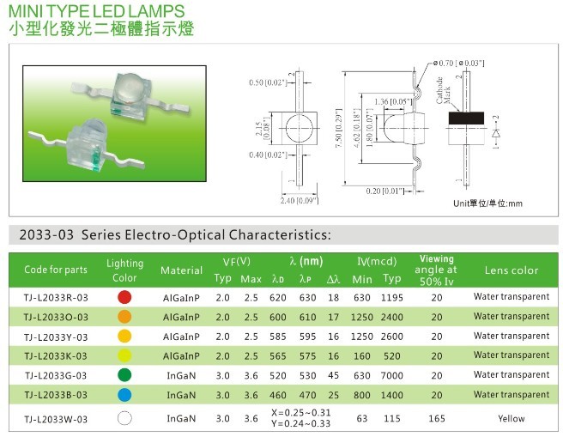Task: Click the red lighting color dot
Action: tap(124, 297)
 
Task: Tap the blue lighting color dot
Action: tap(124, 395)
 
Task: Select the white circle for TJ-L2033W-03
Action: tap(124, 418)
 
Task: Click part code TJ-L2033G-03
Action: tap(56, 375)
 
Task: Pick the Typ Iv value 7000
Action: tap(391, 375)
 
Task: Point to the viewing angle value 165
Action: tap(437, 418)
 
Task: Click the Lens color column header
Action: tap(512, 270)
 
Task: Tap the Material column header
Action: tap(181, 270)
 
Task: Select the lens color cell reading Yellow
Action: tap(512, 418)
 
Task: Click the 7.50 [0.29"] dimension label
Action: tap(339, 128)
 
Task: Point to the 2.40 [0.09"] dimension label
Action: tap(300, 200)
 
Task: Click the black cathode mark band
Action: tap(466, 118)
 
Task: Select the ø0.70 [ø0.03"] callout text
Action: tap(458, 64)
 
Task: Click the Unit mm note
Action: tap(487, 203)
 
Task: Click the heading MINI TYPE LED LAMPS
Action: tap(96, 11)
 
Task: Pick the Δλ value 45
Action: tap(333, 375)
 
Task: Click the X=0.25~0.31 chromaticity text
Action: tap(301, 413)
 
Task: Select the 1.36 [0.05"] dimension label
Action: tap(392, 102)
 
